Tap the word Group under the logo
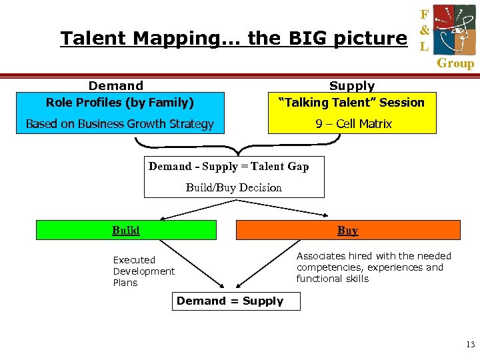[x=455, y=64]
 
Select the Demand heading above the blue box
[x=116, y=85]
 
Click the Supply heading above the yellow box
[x=352, y=86]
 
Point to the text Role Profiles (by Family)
[x=120, y=103]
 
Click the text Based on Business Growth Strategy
[x=120, y=123]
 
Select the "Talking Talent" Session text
[x=351, y=103]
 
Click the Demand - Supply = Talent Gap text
[x=229, y=167]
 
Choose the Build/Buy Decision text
[x=233, y=187]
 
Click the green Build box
[x=126, y=230]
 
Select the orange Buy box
[x=348, y=230]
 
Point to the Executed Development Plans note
[x=143, y=271]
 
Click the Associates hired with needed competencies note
[x=373, y=267]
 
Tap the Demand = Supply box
[x=230, y=301]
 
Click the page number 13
[x=471, y=345]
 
